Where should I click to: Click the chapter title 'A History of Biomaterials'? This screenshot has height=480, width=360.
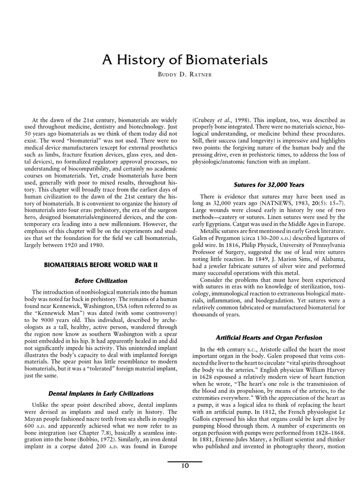(x=185, y=60)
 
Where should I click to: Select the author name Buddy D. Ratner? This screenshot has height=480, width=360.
(x=185, y=75)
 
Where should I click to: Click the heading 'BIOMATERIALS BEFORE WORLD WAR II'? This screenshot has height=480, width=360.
(x=101, y=265)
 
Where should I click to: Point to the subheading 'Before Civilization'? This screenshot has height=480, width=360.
(x=101, y=281)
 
